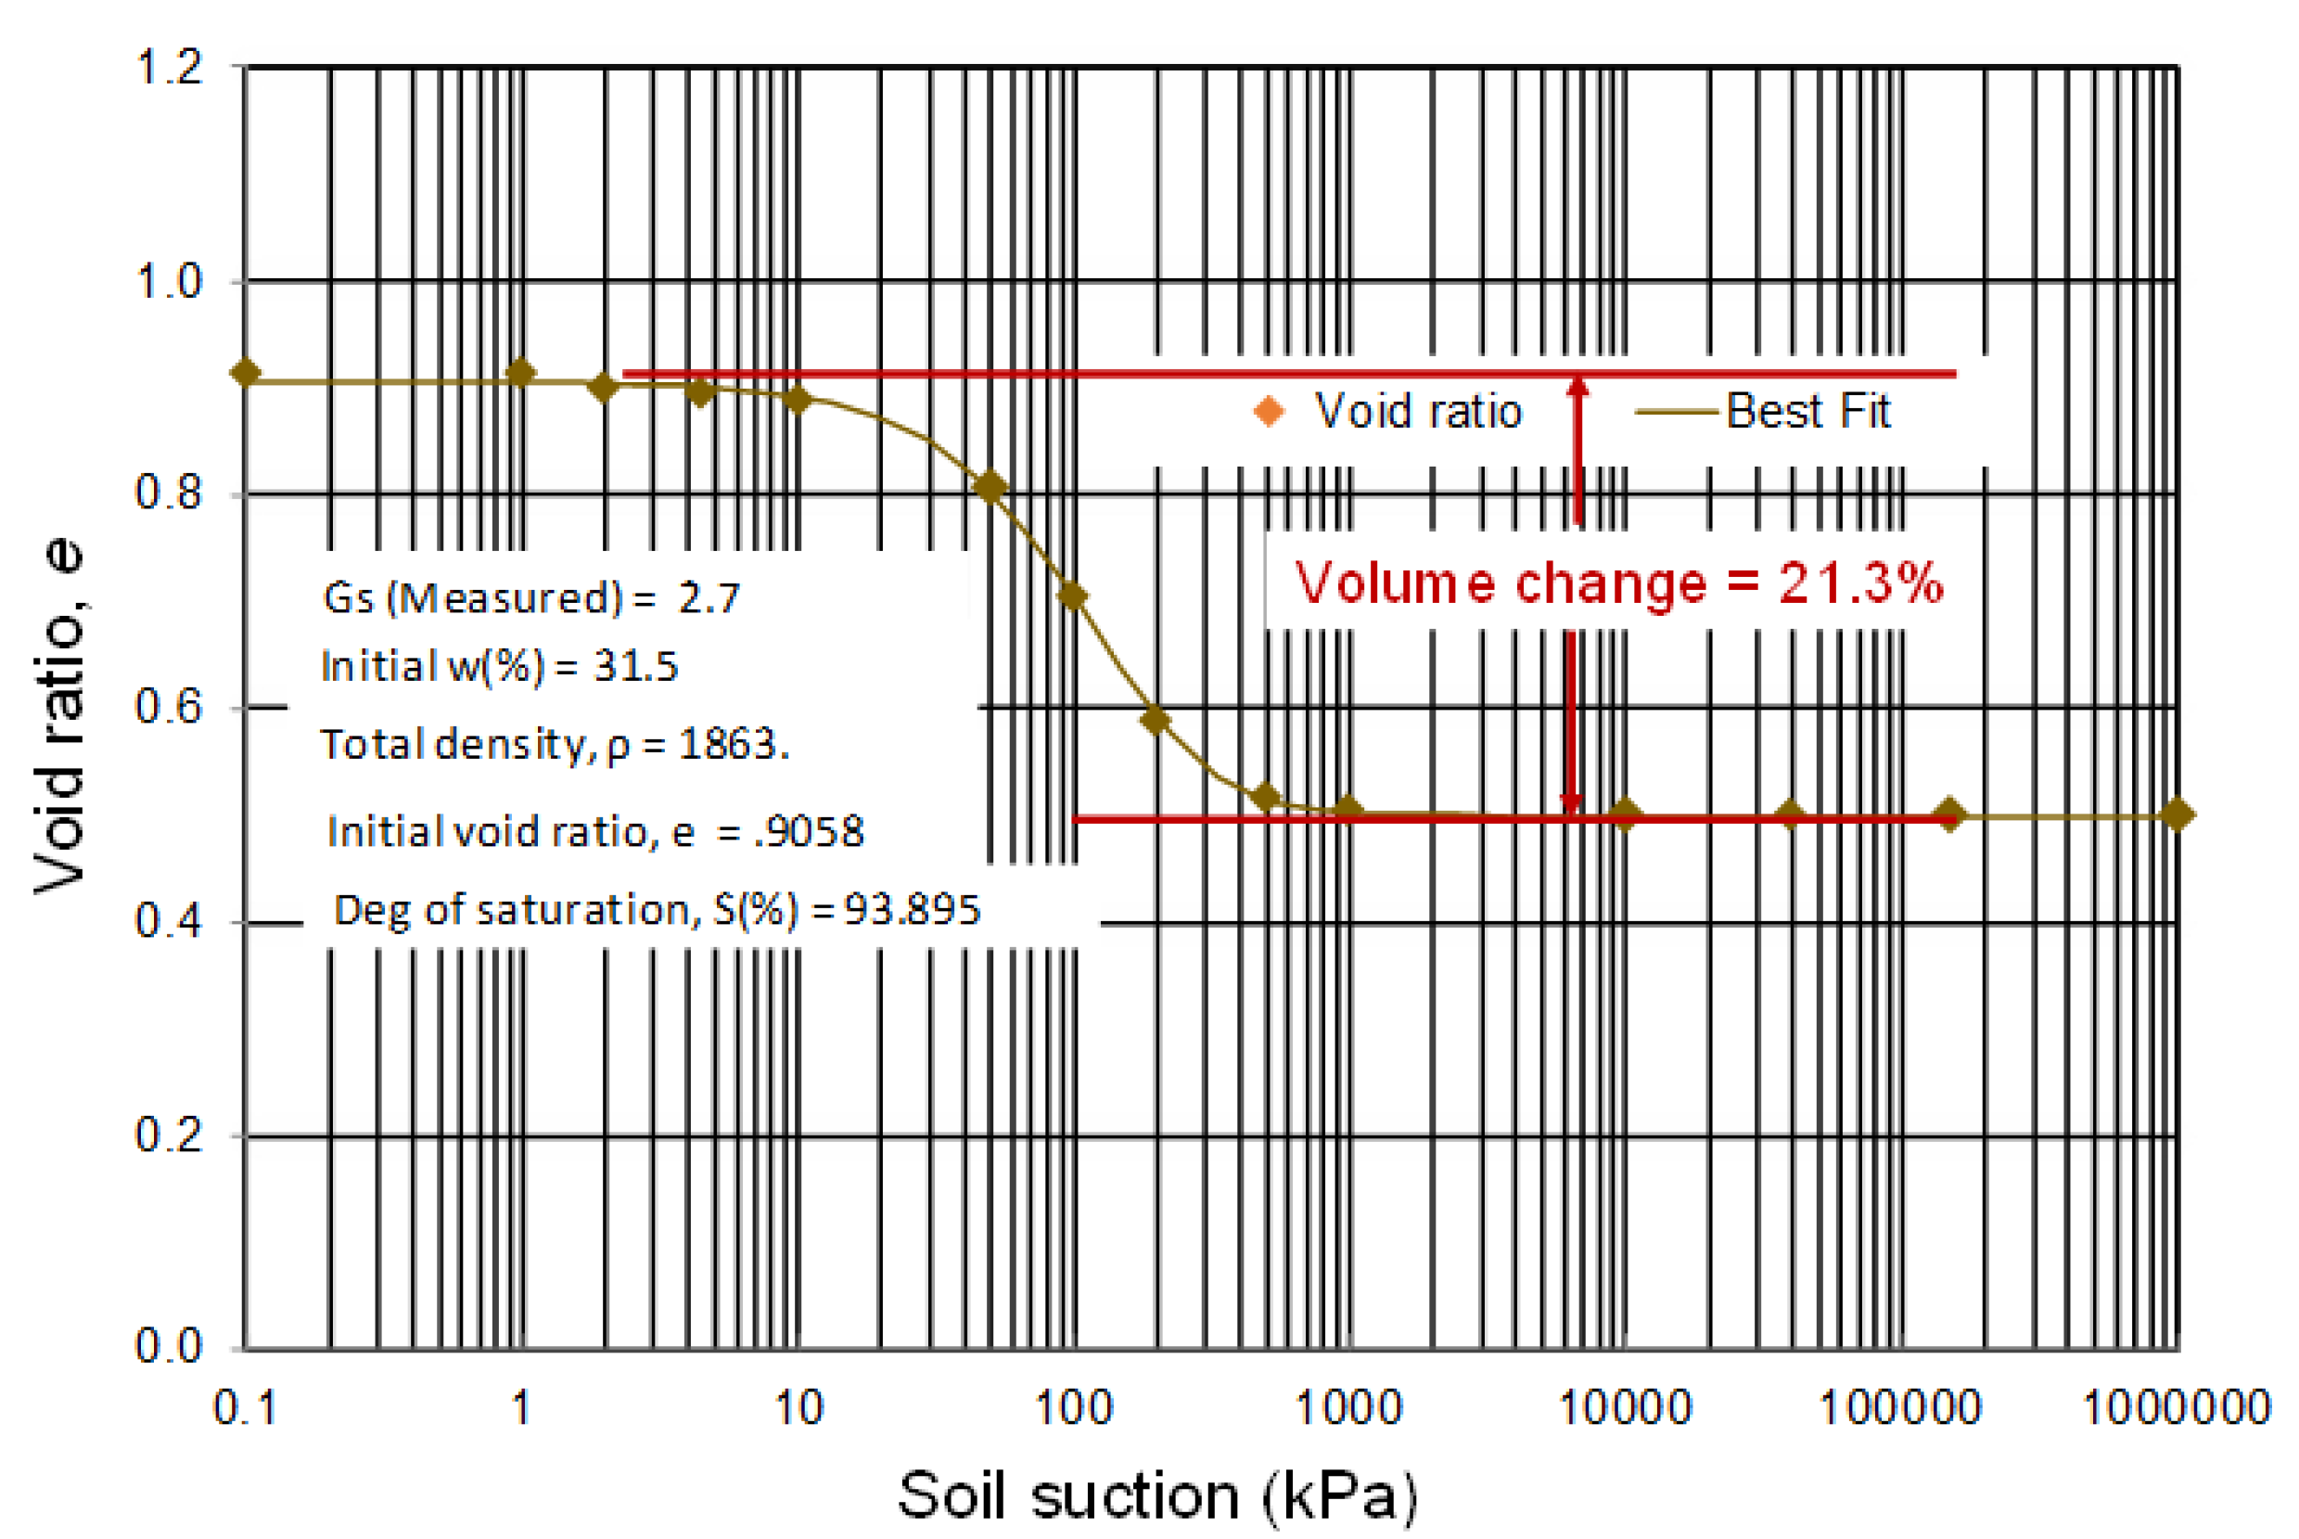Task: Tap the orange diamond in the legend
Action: point(1269,410)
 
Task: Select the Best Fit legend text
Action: point(1807,410)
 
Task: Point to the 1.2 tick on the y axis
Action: point(169,67)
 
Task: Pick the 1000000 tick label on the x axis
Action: point(2176,1407)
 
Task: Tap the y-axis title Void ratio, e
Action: point(61,716)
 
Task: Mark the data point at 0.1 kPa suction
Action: point(246,373)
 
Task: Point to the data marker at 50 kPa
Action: point(990,486)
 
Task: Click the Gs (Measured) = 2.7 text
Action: point(530,597)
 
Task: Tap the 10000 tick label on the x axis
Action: point(1625,1407)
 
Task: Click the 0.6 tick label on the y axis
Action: point(169,707)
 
